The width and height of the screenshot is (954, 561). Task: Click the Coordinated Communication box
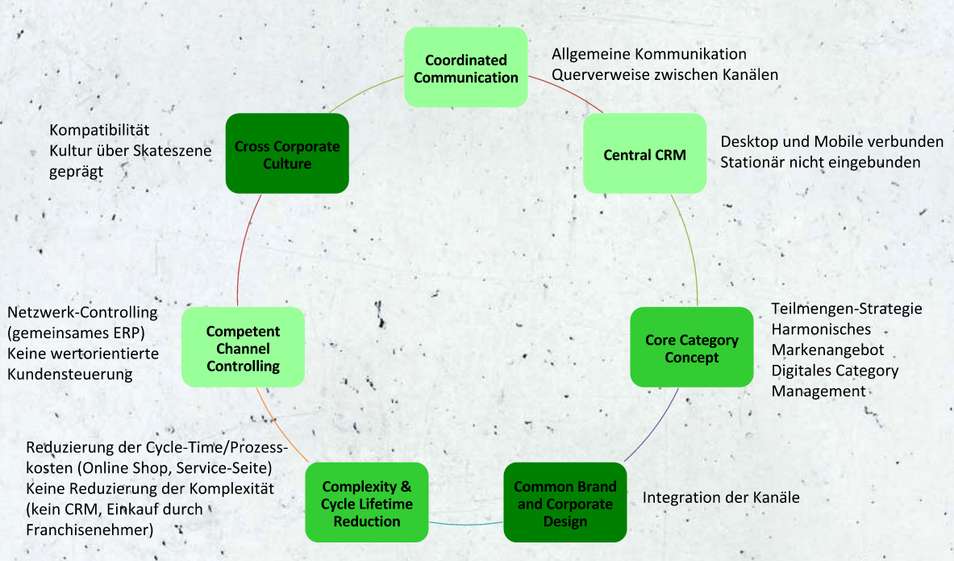[x=466, y=67]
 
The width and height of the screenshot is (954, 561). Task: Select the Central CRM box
[x=645, y=153]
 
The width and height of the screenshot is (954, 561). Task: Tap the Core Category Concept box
[x=692, y=347]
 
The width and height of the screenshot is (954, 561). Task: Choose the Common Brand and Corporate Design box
[x=565, y=503]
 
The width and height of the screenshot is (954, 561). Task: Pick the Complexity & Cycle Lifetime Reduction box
[x=367, y=503]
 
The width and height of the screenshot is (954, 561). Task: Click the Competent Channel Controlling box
[x=244, y=347]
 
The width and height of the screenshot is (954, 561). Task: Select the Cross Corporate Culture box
[x=287, y=153]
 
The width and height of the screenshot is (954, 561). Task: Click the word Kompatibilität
[x=99, y=130]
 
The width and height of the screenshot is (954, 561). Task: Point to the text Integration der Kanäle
[x=721, y=498]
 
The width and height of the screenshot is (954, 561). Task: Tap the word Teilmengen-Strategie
[x=847, y=309]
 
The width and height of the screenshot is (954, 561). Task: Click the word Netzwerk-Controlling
[x=82, y=312]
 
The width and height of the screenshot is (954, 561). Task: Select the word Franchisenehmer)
[x=90, y=530]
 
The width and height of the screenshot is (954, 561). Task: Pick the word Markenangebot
[x=827, y=350]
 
